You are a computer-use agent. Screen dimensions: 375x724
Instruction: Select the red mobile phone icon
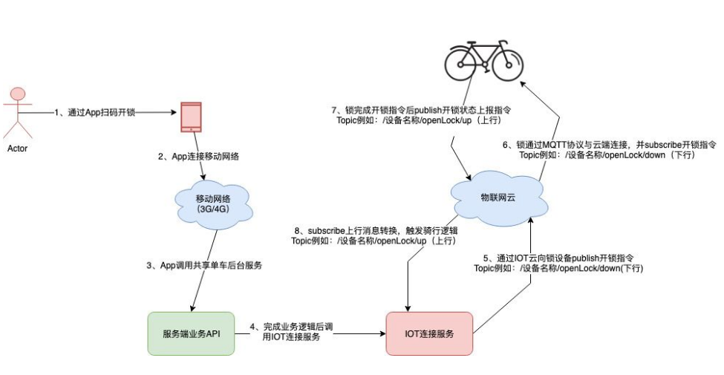click(x=192, y=117)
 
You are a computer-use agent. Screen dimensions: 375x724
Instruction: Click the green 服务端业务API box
click(x=192, y=333)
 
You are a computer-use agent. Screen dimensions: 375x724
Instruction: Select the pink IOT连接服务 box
click(x=429, y=333)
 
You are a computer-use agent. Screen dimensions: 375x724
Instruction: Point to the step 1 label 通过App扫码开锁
click(x=94, y=113)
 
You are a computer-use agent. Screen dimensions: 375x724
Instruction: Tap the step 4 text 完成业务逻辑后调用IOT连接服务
click(x=293, y=331)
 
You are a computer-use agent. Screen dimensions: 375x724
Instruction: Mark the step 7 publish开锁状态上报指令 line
click(x=421, y=111)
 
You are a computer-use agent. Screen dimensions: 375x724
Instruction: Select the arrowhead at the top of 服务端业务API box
click(x=192, y=308)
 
